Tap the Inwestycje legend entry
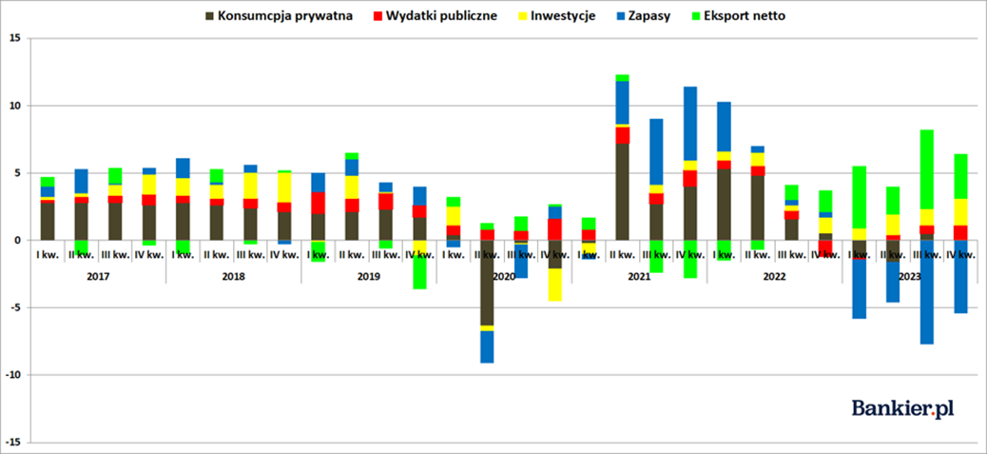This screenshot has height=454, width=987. pyautogui.click(x=562, y=16)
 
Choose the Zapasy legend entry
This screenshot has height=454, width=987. pyautogui.click(x=648, y=16)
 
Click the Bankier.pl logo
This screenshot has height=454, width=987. pyautogui.click(x=902, y=406)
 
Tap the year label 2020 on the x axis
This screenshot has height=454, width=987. pyautogui.click(x=504, y=276)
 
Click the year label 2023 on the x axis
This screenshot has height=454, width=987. pyautogui.click(x=910, y=276)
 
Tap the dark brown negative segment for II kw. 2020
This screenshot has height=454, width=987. pyautogui.click(x=487, y=282)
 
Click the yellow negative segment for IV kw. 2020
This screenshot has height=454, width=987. pyautogui.click(x=554, y=285)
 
